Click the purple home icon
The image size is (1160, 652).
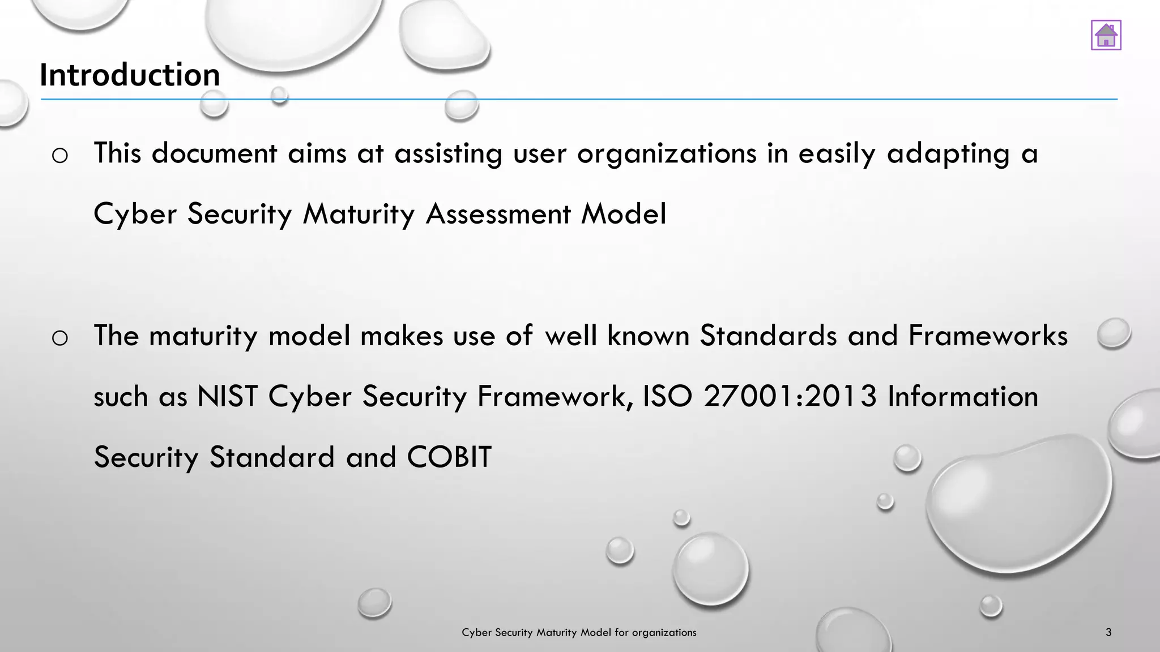tap(1106, 35)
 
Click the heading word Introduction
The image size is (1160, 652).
tap(130, 75)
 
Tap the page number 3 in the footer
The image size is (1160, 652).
tap(1108, 632)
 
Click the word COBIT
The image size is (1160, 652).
tap(449, 457)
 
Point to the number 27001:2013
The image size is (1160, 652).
tap(790, 396)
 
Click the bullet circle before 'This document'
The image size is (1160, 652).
tap(59, 155)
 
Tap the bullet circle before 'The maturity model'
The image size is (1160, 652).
tap(59, 338)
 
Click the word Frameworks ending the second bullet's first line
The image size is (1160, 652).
tap(988, 335)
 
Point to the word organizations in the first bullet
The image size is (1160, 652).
tap(667, 154)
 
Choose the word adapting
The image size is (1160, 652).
tap(948, 154)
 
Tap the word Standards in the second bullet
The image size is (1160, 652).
tap(768, 335)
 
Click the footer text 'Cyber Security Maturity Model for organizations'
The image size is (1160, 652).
tap(579, 632)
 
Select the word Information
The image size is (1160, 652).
tap(962, 396)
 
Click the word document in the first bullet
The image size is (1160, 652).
tap(214, 154)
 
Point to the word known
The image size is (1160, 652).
tap(648, 335)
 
